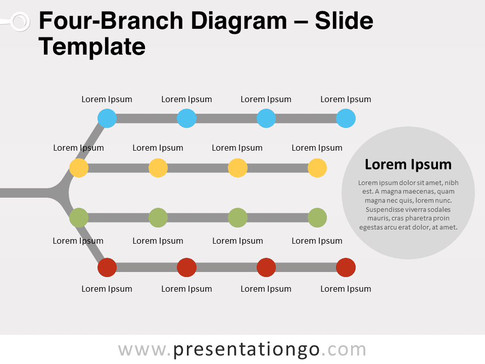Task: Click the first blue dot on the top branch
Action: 107,118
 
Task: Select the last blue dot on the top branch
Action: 346,118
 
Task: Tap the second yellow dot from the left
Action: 158,168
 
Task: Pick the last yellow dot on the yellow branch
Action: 317,168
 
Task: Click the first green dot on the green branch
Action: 79,217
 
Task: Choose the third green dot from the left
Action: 237,217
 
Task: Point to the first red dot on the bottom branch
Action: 107,267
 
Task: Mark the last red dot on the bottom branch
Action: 346,267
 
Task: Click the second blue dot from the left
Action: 186,118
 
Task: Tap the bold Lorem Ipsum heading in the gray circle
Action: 408,164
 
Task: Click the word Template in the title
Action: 92,47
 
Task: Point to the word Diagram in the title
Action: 239,21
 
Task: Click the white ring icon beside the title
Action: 20,22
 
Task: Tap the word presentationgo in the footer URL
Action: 246,350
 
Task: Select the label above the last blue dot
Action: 346,100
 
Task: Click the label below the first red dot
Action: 107,289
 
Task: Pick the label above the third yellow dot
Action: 237,148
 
